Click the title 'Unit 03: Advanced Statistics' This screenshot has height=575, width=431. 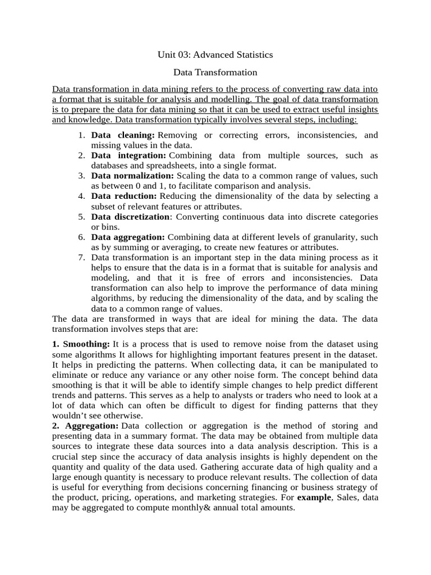click(x=215, y=54)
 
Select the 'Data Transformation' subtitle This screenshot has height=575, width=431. click(x=215, y=72)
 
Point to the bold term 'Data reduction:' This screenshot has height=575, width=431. click(x=124, y=196)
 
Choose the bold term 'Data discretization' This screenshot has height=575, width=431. click(x=130, y=217)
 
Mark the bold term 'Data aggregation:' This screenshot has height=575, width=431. click(x=128, y=237)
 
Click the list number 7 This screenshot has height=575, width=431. click(x=81, y=257)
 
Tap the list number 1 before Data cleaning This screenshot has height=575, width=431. click(x=81, y=135)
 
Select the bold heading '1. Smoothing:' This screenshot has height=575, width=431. click(x=81, y=344)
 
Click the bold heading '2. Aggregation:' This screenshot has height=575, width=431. click(x=85, y=426)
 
